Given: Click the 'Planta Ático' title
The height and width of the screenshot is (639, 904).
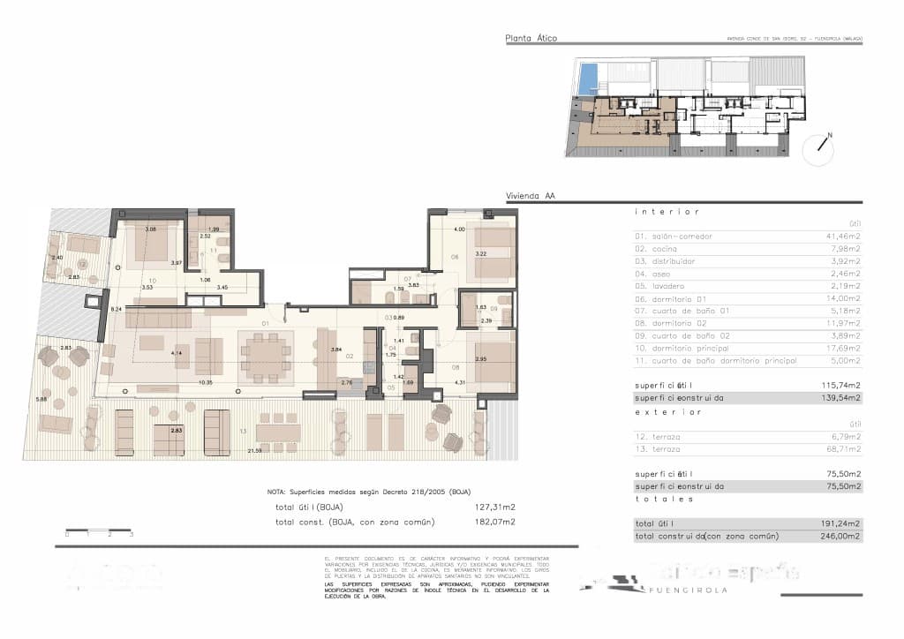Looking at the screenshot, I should [x=531, y=38].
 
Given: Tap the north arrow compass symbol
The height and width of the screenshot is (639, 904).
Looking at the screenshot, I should [x=818, y=149].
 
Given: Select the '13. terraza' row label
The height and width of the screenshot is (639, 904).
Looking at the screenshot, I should [x=659, y=449].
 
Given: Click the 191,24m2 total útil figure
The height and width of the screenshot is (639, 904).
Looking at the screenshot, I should [x=844, y=523].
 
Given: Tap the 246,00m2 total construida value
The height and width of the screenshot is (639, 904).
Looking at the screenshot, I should [x=844, y=536].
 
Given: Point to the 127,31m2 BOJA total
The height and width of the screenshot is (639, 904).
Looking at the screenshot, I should [x=494, y=507].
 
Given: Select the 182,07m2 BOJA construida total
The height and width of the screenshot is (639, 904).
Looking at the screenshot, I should [x=494, y=522].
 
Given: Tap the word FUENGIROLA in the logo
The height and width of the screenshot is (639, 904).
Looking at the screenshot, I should [x=689, y=590].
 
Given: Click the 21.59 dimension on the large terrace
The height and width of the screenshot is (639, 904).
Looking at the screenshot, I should [x=255, y=451].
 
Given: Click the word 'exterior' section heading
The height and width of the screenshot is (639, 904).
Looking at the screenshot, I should [x=667, y=411].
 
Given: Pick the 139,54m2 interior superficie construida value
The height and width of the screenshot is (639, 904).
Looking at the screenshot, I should [x=844, y=398].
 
